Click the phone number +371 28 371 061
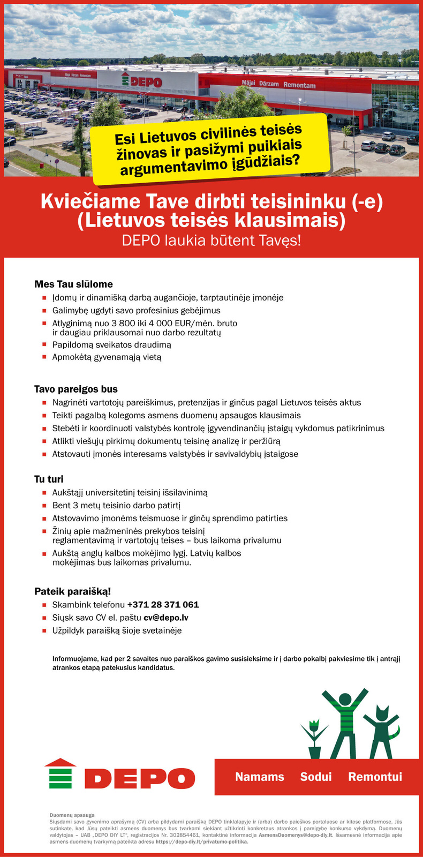(x=163, y=605)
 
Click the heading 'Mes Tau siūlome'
(x=73, y=284)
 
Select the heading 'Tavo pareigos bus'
(x=76, y=389)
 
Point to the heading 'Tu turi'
(x=49, y=479)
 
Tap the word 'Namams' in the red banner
(x=260, y=777)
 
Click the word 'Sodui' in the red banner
(x=316, y=777)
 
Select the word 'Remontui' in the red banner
(x=375, y=777)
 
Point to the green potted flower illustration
(x=314, y=740)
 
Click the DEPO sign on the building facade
(x=141, y=82)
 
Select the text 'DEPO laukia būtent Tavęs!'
(x=211, y=240)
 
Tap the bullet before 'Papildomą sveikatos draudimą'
(x=45, y=345)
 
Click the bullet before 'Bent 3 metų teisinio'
(x=45, y=506)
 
